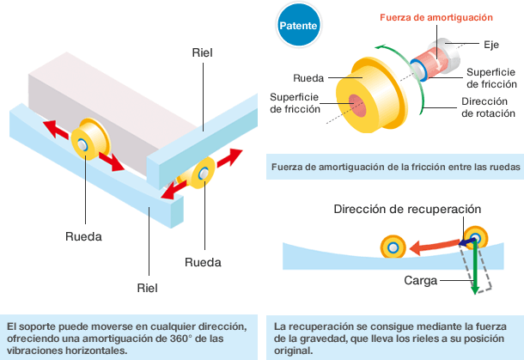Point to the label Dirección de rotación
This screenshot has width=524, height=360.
pyautogui.click(x=488, y=107)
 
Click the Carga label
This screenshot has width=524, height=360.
pyautogui.click(x=421, y=281)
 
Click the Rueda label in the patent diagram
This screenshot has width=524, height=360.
pyautogui.click(x=308, y=76)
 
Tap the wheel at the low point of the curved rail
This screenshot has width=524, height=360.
pyautogui.click(x=393, y=247)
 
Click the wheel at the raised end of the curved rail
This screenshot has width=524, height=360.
pyautogui.click(x=474, y=236)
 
